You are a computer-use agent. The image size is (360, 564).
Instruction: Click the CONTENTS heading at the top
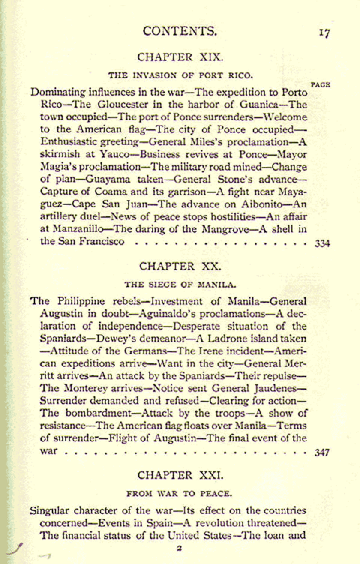coord(180,31)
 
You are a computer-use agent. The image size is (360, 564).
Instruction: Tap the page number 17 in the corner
coord(324,32)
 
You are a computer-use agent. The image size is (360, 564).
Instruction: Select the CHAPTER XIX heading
coord(180,56)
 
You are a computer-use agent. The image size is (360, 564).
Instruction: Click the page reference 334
coord(322,243)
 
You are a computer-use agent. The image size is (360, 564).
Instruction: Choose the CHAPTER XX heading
coord(179,265)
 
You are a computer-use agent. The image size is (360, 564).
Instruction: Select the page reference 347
coord(322,452)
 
